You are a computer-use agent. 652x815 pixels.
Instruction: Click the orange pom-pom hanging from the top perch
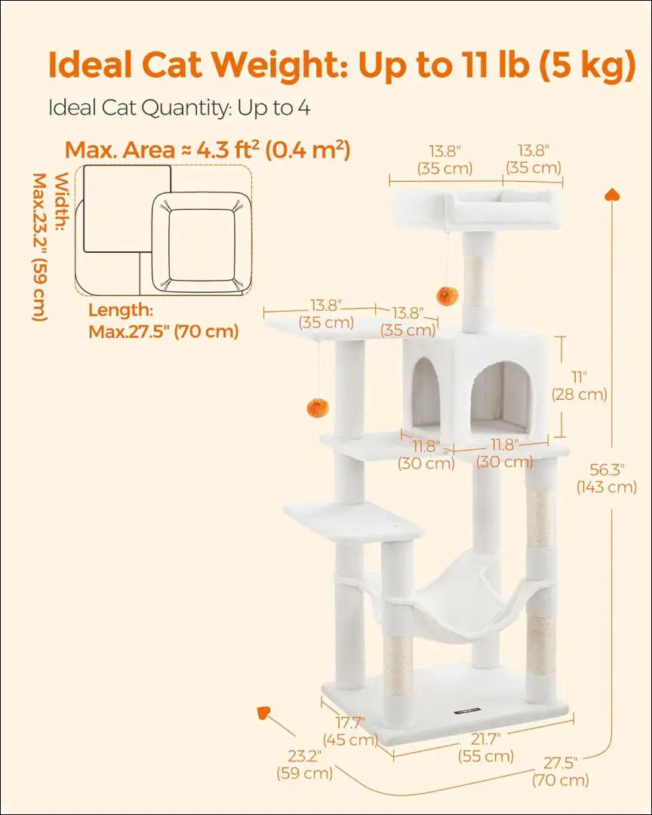[447, 296]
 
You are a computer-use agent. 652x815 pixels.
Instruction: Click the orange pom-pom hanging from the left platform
[318, 407]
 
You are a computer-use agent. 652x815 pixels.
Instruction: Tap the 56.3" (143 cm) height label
[607, 478]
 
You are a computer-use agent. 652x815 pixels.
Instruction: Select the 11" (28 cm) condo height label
[580, 386]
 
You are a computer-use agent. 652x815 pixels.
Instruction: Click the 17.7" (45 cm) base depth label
[350, 730]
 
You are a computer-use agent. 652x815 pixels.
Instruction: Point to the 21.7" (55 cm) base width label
[486, 747]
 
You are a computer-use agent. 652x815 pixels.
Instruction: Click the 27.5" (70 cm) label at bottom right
[561, 771]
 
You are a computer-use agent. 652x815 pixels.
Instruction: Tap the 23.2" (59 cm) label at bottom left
[305, 764]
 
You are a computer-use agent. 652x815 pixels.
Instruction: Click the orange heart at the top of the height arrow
[612, 195]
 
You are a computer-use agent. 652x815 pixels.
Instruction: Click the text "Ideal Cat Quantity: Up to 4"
[180, 108]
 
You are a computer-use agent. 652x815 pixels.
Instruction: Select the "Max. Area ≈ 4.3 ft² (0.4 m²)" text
[208, 149]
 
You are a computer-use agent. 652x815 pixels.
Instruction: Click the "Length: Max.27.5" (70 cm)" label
[163, 320]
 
